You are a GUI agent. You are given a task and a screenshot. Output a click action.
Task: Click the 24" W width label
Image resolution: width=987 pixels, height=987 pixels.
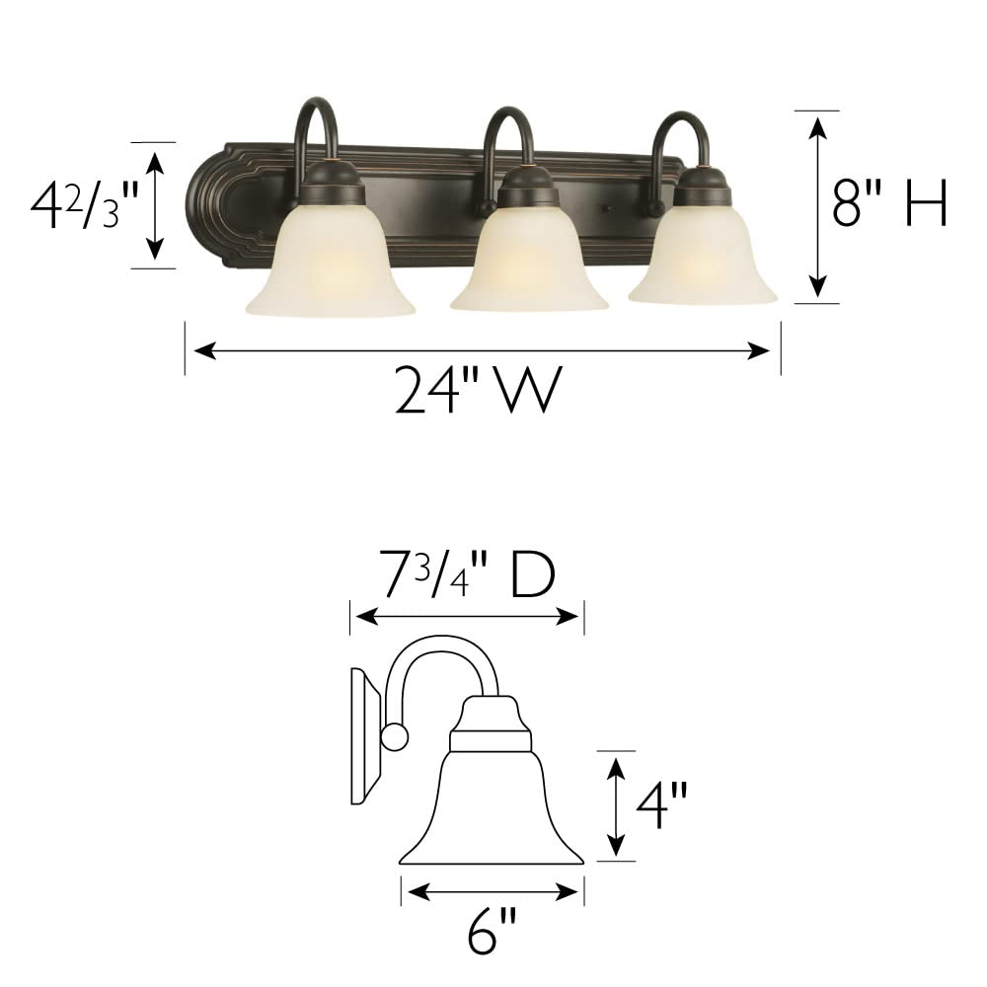click(x=479, y=390)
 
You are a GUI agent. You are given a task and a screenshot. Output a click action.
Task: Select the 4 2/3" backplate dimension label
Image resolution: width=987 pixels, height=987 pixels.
click(x=77, y=205)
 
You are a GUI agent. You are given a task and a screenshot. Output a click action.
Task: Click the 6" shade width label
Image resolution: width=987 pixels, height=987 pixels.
click(x=492, y=930)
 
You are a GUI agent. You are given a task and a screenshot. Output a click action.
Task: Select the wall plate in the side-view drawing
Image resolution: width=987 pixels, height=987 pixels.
click(x=365, y=735)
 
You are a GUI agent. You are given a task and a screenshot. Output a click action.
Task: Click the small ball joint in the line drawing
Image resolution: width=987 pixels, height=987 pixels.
click(x=394, y=736)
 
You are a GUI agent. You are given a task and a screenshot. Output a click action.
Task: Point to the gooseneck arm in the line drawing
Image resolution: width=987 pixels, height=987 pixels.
click(x=434, y=661)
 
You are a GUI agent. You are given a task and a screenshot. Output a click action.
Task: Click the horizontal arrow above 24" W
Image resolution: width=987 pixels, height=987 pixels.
click(x=482, y=350)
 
